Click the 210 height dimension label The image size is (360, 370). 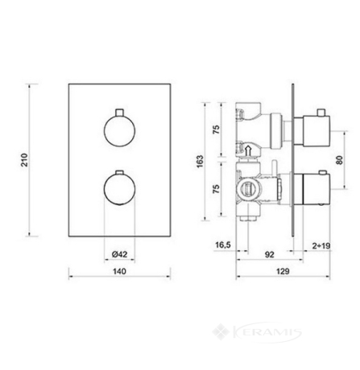point(25,160)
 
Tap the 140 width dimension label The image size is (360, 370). point(119,271)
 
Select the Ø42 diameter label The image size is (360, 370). point(119,254)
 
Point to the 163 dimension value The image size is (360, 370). point(200,162)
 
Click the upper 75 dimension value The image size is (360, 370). point(216,129)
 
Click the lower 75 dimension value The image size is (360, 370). point(216,189)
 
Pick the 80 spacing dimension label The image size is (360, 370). point(340,160)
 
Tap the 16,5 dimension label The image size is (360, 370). point(223,245)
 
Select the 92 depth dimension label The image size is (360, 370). point(269,254)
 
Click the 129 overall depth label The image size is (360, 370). point(283,271)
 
